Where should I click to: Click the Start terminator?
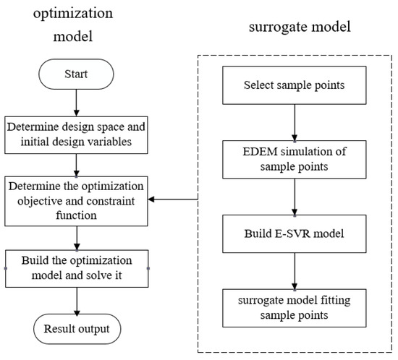[77, 74]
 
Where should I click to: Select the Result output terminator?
[77, 330]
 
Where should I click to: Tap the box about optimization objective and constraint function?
[77, 200]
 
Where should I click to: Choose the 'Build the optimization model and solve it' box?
[77, 267]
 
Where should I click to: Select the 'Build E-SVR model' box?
[295, 236]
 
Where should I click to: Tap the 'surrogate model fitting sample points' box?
[295, 308]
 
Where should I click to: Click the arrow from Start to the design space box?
[77, 102]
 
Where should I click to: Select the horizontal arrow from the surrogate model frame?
[174, 200]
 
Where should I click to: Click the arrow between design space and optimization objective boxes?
[77, 165]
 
